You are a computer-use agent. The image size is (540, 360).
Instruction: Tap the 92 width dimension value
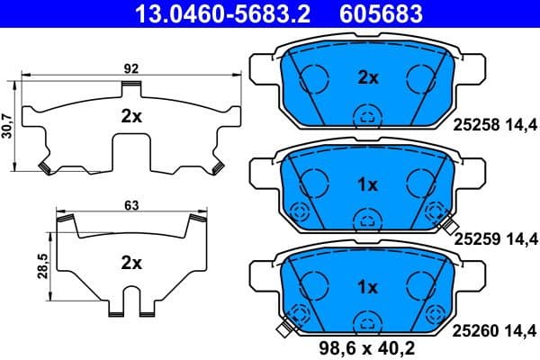131,67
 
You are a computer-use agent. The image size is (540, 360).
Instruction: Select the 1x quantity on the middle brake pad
366,184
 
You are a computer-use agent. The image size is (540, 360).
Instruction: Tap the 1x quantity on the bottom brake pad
366,288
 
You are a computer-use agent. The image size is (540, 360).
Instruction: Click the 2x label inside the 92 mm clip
131,116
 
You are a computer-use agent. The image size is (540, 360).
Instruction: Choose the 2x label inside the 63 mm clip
131,263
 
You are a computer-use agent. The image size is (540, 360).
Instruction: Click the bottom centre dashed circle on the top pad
366,114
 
